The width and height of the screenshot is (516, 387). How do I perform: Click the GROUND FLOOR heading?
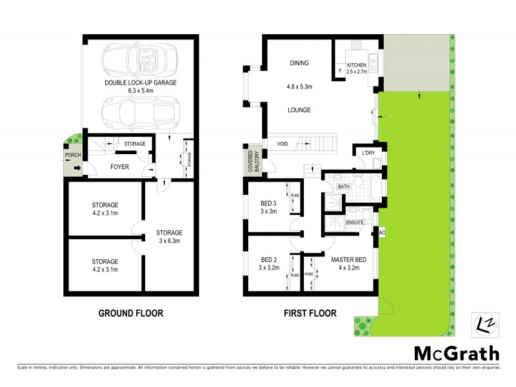tap(130, 313)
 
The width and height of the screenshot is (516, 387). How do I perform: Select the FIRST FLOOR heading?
tap(310, 313)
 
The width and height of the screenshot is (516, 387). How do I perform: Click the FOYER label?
tap(120, 166)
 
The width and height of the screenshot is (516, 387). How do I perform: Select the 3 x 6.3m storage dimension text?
tap(169, 242)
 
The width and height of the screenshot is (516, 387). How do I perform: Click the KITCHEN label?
tap(357, 66)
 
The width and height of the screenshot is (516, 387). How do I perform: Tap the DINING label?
tap(299, 63)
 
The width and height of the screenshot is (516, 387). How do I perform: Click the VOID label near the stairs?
tap(283, 144)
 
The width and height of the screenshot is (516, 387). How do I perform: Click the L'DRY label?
tap(368, 152)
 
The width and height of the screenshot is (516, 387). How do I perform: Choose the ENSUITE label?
tap(355, 223)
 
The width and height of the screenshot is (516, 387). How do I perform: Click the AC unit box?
tap(382, 232)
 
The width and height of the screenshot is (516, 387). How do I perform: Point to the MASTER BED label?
tap(348, 260)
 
